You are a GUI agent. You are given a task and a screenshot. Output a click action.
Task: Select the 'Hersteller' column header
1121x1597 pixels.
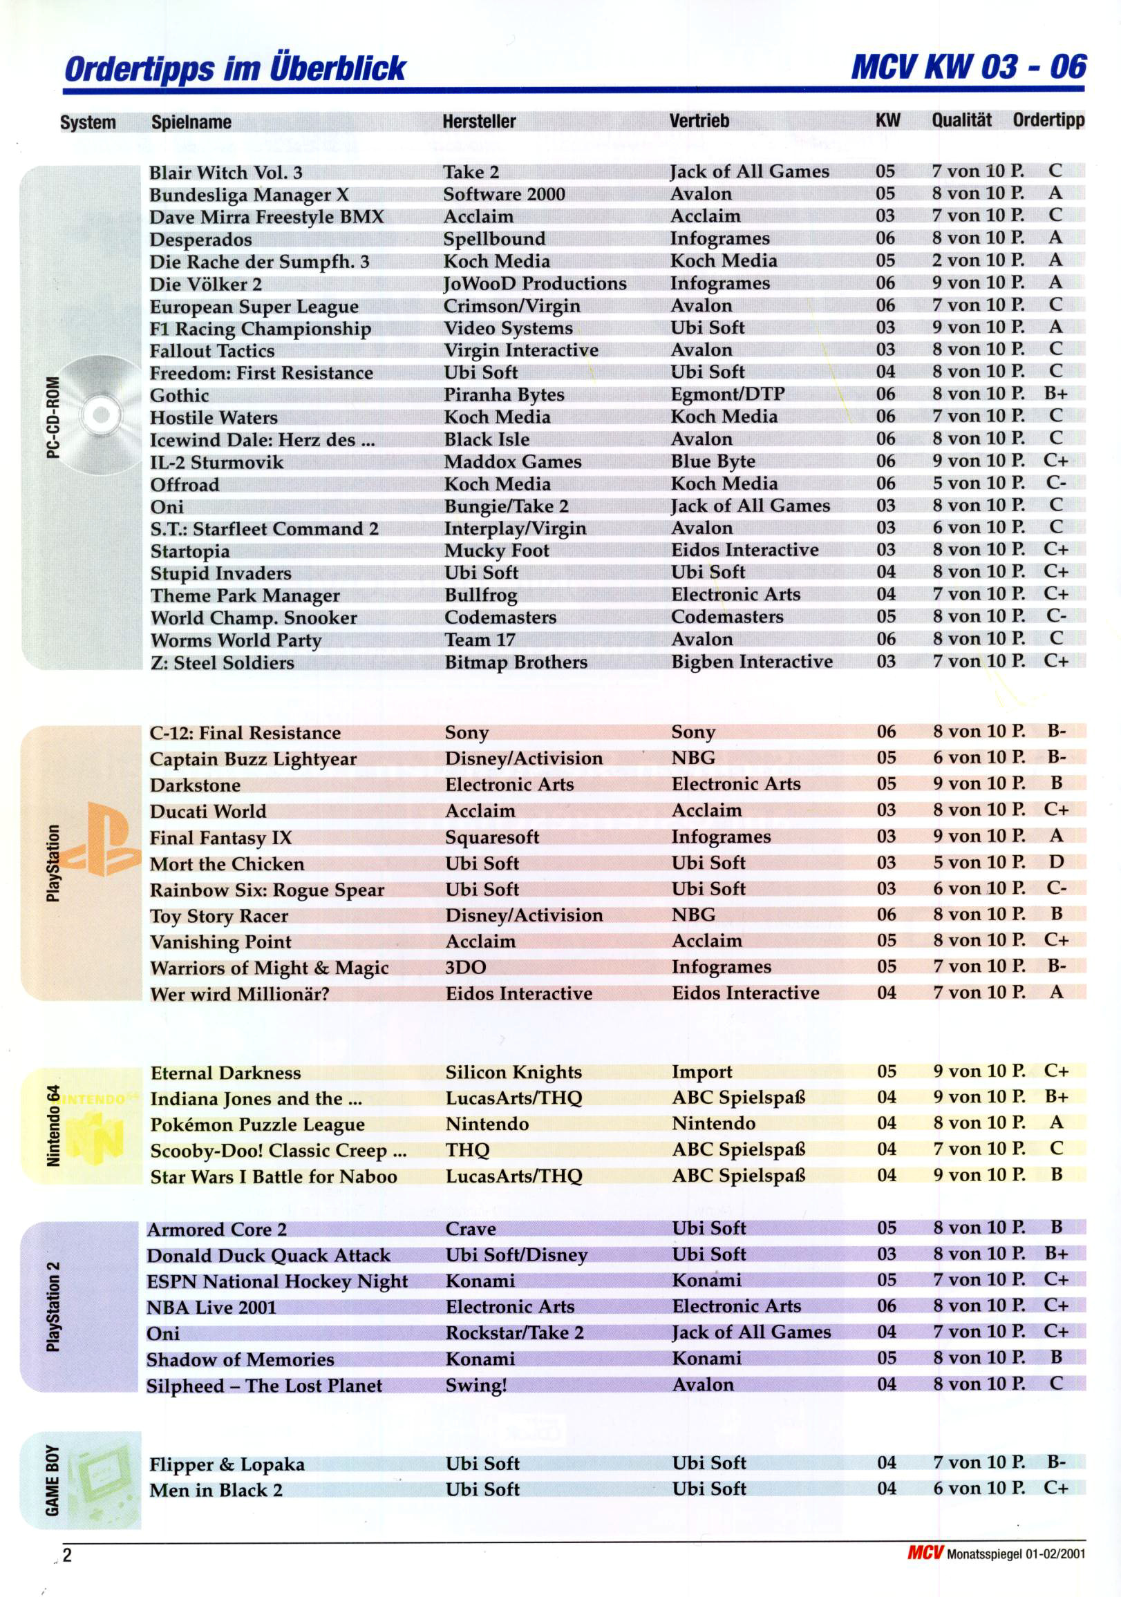(x=479, y=122)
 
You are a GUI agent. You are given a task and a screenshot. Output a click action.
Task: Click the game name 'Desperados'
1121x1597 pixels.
(x=200, y=240)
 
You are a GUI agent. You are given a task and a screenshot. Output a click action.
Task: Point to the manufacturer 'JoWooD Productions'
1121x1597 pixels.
(x=534, y=284)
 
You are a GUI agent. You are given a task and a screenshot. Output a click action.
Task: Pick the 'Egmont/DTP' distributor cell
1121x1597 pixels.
(x=727, y=394)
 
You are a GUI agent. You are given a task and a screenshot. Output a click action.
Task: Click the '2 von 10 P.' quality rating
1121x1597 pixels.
(x=978, y=260)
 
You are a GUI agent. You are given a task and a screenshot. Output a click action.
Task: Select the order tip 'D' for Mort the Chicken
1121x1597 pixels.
(x=1055, y=863)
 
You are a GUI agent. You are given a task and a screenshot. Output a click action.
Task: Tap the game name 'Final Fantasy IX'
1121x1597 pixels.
(x=220, y=838)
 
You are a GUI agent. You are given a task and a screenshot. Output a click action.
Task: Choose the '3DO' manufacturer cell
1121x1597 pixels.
(x=466, y=968)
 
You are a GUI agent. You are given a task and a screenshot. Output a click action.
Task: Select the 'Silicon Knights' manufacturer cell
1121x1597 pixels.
(x=513, y=1073)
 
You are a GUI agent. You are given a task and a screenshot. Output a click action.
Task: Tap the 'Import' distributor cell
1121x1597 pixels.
(x=701, y=1073)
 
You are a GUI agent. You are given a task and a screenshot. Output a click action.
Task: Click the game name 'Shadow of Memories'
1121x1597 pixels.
(x=240, y=1360)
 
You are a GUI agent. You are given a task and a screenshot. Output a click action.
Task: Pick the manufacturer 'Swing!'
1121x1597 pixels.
(x=476, y=1386)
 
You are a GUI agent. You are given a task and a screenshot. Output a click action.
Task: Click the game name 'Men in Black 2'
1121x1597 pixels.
(x=216, y=1491)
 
